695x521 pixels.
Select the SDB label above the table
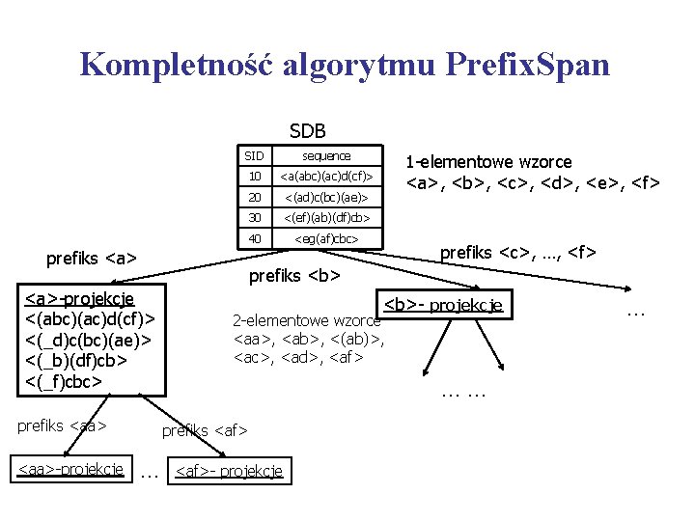click(307, 131)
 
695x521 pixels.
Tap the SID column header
click(254, 155)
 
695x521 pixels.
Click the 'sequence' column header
click(326, 155)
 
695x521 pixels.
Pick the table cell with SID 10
click(255, 177)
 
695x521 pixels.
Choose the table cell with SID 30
click(255, 218)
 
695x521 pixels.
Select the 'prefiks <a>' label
click(91, 259)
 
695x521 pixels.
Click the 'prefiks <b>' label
click(294, 278)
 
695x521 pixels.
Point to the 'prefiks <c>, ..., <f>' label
click(517, 253)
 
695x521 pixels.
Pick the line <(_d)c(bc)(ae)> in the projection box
click(88, 341)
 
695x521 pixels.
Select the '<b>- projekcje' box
click(443, 305)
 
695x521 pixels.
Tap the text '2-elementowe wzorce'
click(307, 320)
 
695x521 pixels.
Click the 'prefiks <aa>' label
click(62, 425)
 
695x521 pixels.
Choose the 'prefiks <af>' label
click(205, 429)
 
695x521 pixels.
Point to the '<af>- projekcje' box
click(228, 471)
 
